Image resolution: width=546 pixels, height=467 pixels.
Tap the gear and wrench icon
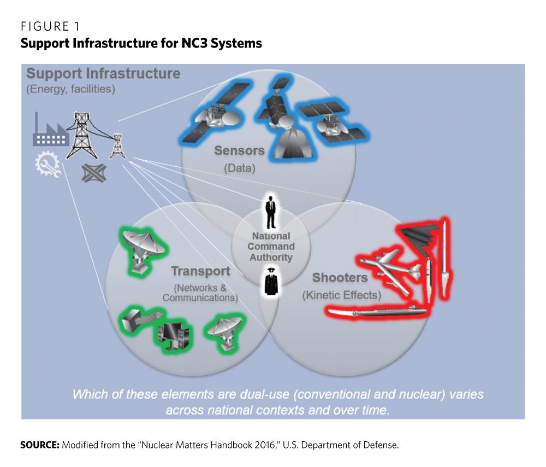pos(48,165)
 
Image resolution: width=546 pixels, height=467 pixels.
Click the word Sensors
pos(239,150)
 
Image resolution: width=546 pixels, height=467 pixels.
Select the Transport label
pos(200,271)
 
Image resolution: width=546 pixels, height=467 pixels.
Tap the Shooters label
pos(340,278)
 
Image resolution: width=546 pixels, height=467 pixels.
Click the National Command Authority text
pos(271,247)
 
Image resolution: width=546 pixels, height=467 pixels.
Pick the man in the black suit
pos(270,212)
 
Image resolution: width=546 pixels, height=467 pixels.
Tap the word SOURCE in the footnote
pos(39,445)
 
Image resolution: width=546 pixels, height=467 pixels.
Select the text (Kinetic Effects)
pos(341,295)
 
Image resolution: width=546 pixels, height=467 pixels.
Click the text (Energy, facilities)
pos(70,89)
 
